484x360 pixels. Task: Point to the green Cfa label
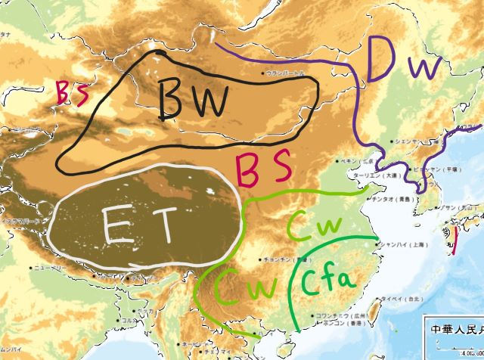point(327,284)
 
